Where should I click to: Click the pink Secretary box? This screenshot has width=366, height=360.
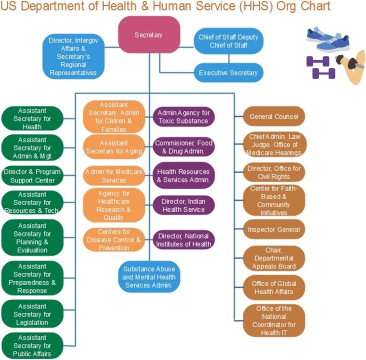149,34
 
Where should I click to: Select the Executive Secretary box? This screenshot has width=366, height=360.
228,73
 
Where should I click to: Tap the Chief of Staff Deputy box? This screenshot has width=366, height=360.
228,41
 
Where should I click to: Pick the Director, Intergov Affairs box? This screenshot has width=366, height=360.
73,56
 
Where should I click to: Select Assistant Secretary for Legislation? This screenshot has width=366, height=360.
32,314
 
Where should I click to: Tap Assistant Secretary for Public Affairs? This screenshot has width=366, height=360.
32,345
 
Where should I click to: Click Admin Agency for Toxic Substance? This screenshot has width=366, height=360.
183,116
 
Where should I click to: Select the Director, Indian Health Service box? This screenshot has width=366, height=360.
183,205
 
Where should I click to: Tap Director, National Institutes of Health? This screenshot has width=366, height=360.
183,240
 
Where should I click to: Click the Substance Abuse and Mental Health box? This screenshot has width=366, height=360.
149,276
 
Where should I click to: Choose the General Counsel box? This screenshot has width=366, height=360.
274,116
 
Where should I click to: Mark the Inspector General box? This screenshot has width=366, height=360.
274,229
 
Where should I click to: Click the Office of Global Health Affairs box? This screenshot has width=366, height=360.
274,287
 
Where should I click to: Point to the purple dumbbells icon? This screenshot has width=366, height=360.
318,67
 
